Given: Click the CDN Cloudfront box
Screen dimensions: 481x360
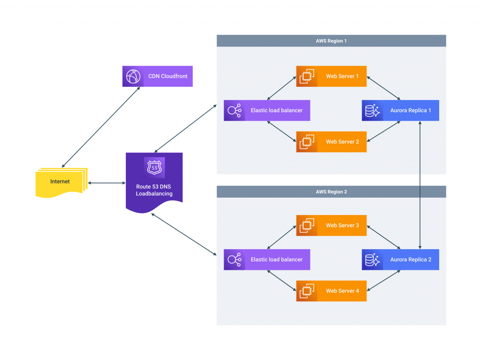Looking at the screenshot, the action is (157, 77).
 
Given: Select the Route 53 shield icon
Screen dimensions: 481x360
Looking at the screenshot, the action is (154, 168).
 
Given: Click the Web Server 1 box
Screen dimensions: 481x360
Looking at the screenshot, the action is (331, 77).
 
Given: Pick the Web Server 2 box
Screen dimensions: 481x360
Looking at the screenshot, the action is (331, 142).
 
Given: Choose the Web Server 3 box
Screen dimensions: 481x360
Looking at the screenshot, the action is (331, 225).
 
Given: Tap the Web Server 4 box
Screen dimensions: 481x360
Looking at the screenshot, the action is (331, 291).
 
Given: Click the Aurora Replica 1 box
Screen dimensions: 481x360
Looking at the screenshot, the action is (400, 110).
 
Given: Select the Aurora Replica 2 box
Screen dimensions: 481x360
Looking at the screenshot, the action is (400, 260).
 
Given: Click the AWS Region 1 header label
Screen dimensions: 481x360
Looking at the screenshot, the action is (331, 41).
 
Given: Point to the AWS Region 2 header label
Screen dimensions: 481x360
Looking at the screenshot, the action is (331, 191).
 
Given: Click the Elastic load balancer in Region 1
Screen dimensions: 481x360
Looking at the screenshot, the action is (267, 110).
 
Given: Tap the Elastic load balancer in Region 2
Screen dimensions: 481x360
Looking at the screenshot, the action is (267, 260).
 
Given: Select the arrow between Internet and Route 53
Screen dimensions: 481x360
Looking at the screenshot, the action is (107, 183).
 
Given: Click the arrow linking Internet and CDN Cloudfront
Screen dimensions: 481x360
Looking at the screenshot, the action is (101, 127).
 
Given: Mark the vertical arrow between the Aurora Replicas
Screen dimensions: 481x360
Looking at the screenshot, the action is (420, 185).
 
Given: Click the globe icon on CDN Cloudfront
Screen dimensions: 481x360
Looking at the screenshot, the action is (133, 77).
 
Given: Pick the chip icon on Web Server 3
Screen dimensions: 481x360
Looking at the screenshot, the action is (307, 225).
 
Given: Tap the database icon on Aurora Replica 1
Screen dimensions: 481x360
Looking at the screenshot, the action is (372, 110).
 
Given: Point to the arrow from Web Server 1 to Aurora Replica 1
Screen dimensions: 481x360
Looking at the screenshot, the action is (383, 88).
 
